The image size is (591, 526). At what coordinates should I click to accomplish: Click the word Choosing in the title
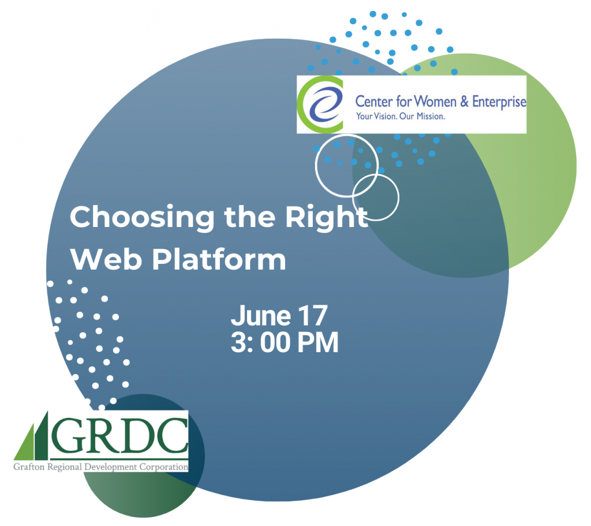(142, 218)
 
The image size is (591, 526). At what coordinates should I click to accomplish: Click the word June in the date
(260, 316)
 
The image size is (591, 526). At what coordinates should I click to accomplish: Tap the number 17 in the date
(313, 315)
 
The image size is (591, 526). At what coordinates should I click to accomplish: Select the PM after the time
(318, 343)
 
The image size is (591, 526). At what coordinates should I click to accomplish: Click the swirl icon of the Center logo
(320, 105)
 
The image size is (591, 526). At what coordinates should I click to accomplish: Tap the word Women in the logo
(435, 102)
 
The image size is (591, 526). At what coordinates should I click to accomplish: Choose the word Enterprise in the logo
(499, 102)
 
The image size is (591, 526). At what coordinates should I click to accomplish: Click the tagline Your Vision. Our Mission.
(401, 117)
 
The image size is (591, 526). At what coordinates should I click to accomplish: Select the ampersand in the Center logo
(465, 102)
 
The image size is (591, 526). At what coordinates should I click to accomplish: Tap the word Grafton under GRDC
(29, 467)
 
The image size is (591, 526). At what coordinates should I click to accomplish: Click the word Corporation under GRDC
(163, 467)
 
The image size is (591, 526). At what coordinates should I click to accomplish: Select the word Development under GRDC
(111, 467)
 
